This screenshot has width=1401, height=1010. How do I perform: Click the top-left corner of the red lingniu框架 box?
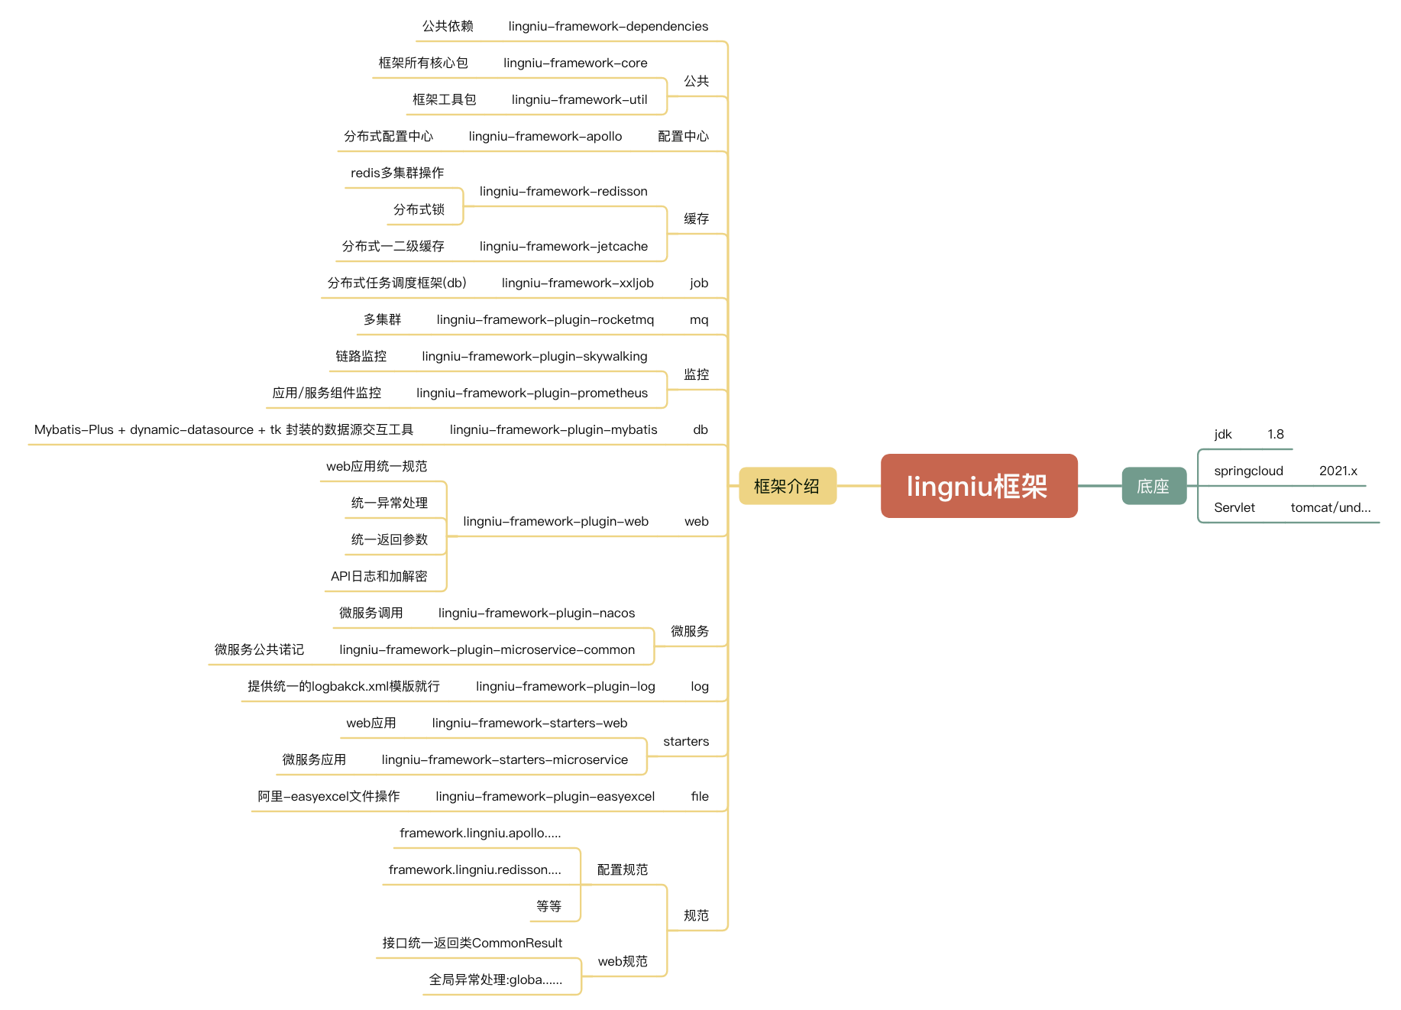click(882, 455)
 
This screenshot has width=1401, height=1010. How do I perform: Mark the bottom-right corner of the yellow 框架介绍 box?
click(836, 504)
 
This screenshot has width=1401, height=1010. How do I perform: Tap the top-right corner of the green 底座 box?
click(1186, 468)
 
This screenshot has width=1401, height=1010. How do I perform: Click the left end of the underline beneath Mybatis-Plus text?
click(28, 445)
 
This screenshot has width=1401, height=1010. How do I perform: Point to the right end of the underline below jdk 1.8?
click(1293, 449)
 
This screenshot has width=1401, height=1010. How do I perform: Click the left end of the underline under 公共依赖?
click(416, 41)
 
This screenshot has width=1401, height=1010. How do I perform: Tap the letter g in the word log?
click(705, 688)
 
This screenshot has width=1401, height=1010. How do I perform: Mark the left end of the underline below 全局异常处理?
click(422, 995)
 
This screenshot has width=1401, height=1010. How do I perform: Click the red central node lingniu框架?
click(979, 486)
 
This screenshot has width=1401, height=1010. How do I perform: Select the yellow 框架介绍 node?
click(788, 486)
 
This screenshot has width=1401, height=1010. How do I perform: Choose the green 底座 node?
click(1154, 486)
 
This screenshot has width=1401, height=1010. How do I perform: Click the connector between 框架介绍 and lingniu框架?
click(859, 486)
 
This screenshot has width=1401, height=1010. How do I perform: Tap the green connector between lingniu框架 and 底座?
click(1100, 486)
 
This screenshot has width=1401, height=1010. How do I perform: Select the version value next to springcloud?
click(1338, 471)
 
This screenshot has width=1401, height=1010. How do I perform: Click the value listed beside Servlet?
click(1331, 507)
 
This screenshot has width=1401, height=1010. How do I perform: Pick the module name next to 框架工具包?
click(579, 99)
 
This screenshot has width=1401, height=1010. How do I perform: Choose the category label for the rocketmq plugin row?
click(699, 320)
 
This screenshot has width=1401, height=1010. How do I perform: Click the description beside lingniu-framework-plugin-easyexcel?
click(328, 796)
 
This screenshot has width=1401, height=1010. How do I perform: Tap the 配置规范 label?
click(623, 869)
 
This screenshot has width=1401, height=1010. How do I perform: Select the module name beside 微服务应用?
click(504, 759)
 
